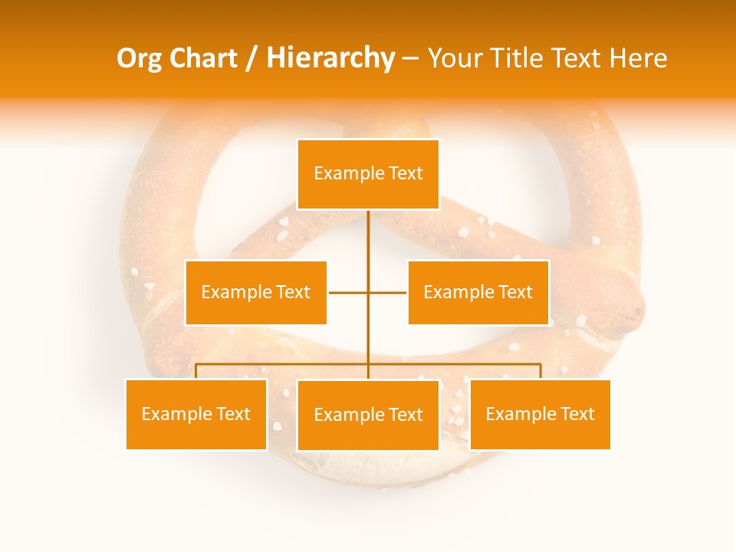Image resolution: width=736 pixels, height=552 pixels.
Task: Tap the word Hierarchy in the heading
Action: click(330, 58)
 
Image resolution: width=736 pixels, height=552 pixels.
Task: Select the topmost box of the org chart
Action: click(368, 174)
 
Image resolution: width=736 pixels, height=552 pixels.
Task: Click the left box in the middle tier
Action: click(256, 292)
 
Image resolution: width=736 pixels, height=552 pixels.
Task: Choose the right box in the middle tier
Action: click(478, 292)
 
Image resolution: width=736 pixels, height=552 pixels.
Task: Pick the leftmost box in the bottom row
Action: click(196, 414)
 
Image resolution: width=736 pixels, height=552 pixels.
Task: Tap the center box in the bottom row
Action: click(368, 415)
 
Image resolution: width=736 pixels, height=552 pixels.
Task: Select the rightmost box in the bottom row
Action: click(540, 414)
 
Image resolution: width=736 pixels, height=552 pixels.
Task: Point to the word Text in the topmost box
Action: click(406, 174)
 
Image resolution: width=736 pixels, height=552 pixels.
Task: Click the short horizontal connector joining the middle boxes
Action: click(349, 292)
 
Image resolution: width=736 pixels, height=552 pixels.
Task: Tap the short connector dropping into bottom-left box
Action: click(196, 371)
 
